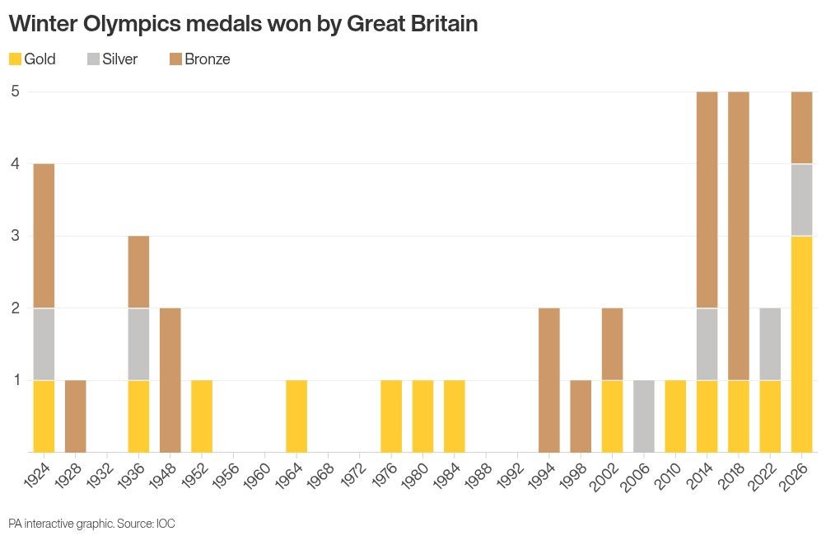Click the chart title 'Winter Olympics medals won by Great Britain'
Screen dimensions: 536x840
click(x=243, y=24)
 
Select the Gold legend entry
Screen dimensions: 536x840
click(x=32, y=59)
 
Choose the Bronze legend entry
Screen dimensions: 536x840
click(x=199, y=59)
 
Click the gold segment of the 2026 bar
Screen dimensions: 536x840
click(x=801, y=344)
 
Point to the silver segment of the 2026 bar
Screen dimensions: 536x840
click(x=801, y=200)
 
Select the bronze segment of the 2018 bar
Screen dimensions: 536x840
click(x=739, y=236)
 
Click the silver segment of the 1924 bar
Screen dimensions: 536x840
click(x=44, y=344)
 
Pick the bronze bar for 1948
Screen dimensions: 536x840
click(x=170, y=380)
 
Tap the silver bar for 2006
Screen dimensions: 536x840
click(x=644, y=416)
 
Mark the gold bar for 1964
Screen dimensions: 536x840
click(x=296, y=416)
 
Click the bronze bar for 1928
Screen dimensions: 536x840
click(x=75, y=416)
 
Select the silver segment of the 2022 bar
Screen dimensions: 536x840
click(x=770, y=344)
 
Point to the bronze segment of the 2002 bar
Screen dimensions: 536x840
click(x=613, y=344)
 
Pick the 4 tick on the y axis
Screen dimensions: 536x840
click(x=15, y=163)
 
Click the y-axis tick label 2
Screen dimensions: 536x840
click(x=15, y=308)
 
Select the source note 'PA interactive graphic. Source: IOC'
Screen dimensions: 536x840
click(x=92, y=524)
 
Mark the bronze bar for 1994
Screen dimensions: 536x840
click(x=549, y=380)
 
